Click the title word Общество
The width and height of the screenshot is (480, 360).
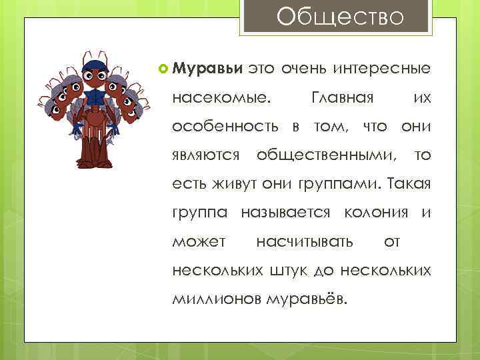click(x=340, y=17)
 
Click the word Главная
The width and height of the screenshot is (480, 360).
click(x=341, y=98)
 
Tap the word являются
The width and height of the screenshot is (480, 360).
click(x=206, y=155)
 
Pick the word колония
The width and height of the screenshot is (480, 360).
click(x=375, y=213)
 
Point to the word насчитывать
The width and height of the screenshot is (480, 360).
click(x=305, y=241)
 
